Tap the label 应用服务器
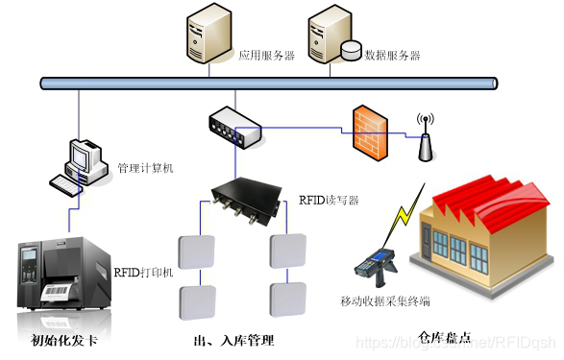coord(266,56)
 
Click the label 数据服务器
coord(392,56)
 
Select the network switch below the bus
coord(233,127)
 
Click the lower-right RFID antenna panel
coord(289,299)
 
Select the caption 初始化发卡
coord(63,340)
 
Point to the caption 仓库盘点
coord(445,337)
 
